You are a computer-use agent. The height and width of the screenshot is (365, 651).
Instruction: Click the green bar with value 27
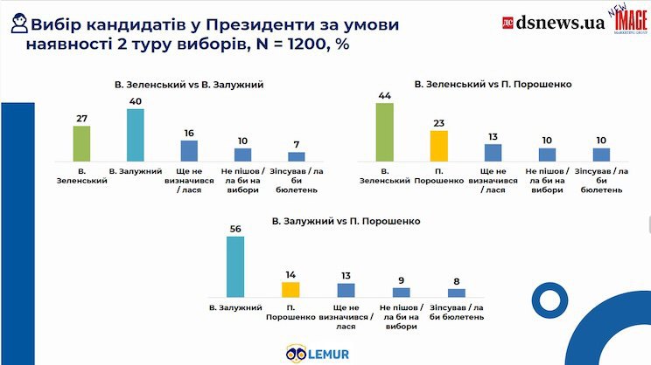click(82, 143)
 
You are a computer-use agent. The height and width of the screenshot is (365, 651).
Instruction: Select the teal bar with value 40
click(136, 135)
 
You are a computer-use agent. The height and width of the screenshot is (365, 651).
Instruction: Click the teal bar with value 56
click(235, 267)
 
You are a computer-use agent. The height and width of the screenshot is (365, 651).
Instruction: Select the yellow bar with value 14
click(290, 289)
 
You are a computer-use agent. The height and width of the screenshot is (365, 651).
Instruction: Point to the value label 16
click(190, 133)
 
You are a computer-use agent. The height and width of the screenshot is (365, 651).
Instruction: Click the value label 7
click(297, 145)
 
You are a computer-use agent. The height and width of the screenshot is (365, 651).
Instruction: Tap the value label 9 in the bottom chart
click(402, 280)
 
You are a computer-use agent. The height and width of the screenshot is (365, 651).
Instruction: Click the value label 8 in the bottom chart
click(457, 281)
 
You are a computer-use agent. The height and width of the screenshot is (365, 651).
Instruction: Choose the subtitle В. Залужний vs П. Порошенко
click(347, 222)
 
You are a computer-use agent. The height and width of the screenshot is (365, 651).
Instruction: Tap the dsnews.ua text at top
click(561, 23)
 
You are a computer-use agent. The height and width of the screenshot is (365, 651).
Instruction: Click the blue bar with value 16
click(190, 150)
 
